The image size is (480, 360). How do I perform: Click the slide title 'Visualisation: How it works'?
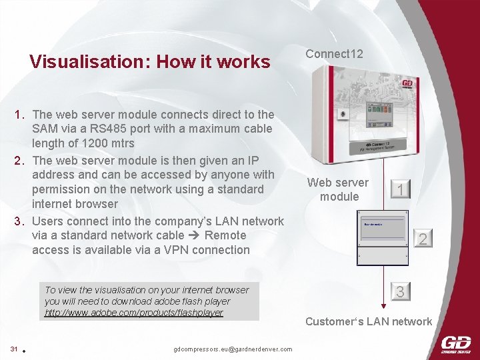pyautogui.click(x=150, y=63)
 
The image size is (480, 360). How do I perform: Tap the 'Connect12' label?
pyautogui.click(x=334, y=54)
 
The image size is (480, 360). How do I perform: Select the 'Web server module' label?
pyautogui.click(x=338, y=189)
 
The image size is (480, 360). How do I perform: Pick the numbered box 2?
pyautogui.click(x=422, y=238)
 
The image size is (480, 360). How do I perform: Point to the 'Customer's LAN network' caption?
pyautogui.click(x=368, y=322)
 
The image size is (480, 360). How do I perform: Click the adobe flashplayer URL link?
pyautogui.click(x=133, y=313)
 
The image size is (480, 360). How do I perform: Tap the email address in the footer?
pyautogui.click(x=232, y=349)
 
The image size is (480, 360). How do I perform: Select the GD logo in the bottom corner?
pyautogui.click(x=455, y=345)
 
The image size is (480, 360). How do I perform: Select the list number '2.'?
pyautogui.click(x=20, y=160)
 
